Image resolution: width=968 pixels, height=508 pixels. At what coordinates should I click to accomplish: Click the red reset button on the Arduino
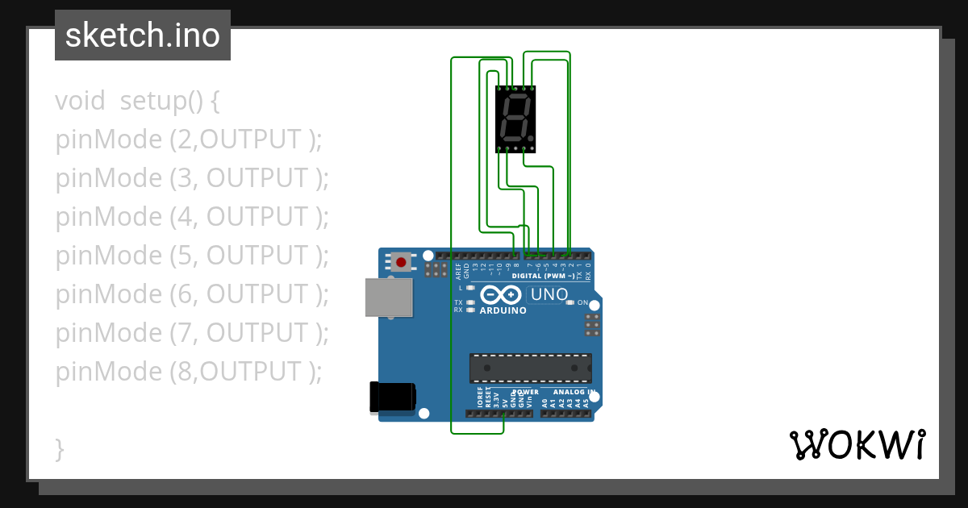pyautogui.click(x=401, y=262)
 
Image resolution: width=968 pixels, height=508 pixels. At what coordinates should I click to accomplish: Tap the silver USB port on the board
pyautogui.click(x=388, y=298)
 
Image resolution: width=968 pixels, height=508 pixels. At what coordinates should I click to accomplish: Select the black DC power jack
pyautogui.click(x=392, y=396)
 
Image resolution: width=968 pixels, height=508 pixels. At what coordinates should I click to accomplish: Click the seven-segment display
pyautogui.click(x=515, y=119)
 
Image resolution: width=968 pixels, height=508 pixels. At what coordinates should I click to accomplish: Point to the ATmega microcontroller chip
pyautogui.click(x=531, y=368)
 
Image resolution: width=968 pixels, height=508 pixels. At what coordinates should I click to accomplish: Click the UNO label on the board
pyautogui.click(x=549, y=294)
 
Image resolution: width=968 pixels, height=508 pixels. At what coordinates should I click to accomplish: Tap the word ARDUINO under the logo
pyautogui.click(x=503, y=310)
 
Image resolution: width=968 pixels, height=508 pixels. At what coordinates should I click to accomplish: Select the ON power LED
pyautogui.click(x=570, y=302)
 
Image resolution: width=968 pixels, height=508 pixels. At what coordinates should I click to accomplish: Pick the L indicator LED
pyautogui.click(x=470, y=288)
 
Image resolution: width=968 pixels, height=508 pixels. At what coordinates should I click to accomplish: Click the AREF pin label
pyautogui.click(x=458, y=270)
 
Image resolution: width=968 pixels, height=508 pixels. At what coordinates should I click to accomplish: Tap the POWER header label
pyautogui.click(x=525, y=393)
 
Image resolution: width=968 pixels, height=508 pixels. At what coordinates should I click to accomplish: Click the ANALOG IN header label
pyautogui.click(x=574, y=393)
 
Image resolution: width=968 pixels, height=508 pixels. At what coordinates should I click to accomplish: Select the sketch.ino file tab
pyautogui.click(x=143, y=35)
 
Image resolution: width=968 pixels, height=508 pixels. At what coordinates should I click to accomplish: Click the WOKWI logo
pyautogui.click(x=857, y=444)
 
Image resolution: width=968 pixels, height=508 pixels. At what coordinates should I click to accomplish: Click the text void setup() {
pyautogui.click(x=137, y=101)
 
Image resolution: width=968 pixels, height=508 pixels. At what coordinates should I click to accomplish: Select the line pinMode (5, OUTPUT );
pyautogui.click(x=192, y=256)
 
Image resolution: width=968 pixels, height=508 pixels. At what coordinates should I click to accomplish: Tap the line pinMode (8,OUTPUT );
pyautogui.click(x=188, y=372)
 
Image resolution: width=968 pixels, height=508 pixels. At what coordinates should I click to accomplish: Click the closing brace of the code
pyautogui.click(x=59, y=449)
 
